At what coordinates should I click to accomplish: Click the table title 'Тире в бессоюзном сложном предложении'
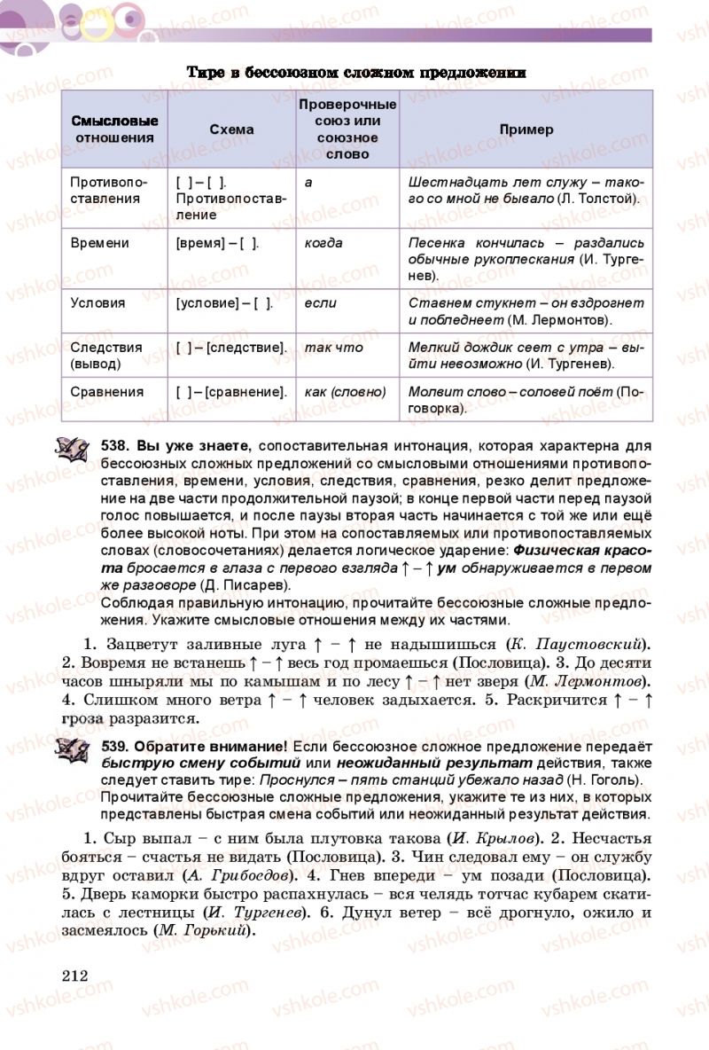pos(356,73)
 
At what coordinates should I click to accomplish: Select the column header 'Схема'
pos(231,129)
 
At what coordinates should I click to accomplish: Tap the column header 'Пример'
pos(526,129)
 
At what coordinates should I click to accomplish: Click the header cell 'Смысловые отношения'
pos(114,129)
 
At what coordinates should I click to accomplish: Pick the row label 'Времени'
pos(99,243)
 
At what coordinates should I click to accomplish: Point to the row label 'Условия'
pos(97,302)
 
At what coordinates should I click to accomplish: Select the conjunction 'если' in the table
pos(320,302)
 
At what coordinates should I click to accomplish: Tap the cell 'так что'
pos(333,348)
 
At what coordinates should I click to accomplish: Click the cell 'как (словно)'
pos(345,391)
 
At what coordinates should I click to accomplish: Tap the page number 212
pos(75,976)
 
